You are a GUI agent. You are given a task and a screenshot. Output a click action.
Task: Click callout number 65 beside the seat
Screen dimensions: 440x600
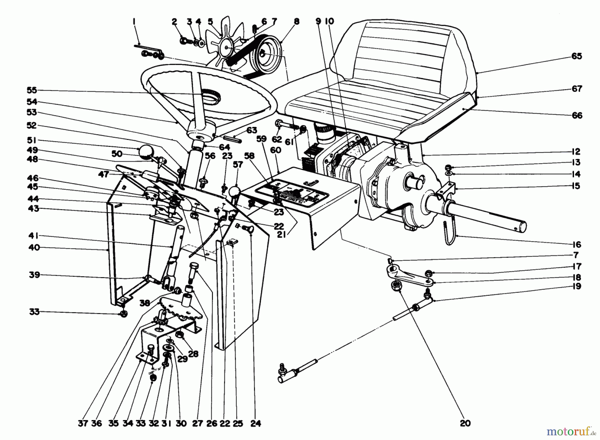pyautogui.click(x=576, y=56)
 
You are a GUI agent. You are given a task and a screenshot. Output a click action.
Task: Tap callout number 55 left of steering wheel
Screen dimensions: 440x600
pyautogui.click(x=32, y=90)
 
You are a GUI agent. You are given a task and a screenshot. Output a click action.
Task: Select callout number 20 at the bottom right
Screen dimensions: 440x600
pyautogui.click(x=465, y=423)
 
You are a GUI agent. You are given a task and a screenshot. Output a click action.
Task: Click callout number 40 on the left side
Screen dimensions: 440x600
pyautogui.click(x=34, y=247)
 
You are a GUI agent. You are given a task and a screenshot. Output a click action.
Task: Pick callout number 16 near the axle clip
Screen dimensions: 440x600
pyautogui.click(x=576, y=244)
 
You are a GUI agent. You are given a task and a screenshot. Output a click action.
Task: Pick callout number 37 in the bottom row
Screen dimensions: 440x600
pyautogui.click(x=83, y=423)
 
